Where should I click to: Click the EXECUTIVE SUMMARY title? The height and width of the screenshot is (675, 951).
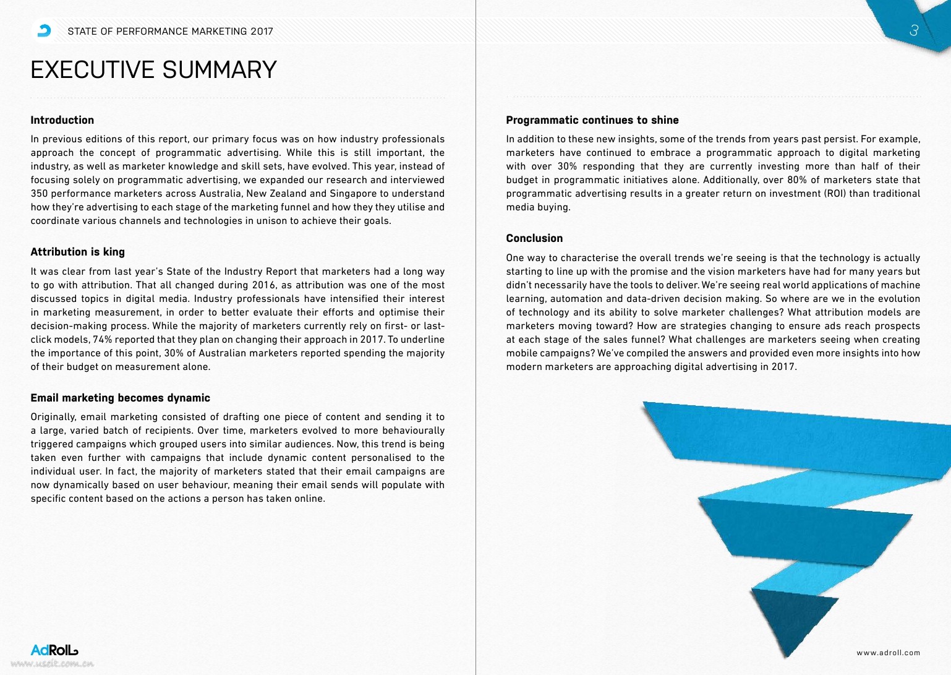pyautogui.click(x=153, y=70)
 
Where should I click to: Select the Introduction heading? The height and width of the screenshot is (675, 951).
pyautogui.click(x=62, y=120)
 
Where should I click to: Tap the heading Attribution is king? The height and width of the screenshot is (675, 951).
pyautogui.click(x=78, y=252)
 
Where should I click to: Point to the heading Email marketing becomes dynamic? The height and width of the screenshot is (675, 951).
pyautogui.click(x=121, y=398)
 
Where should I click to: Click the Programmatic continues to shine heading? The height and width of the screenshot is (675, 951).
pyautogui.click(x=592, y=120)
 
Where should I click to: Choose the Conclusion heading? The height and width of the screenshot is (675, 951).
pyautogui.click(x=534, y=238)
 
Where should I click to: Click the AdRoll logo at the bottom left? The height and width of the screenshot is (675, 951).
pyautogui.click(x=54, y=650)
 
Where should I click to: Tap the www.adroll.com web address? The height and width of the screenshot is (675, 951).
pyautogui.click(x=888, y=653)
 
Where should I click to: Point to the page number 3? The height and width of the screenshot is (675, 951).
pyautogui.click(x=913, y=30)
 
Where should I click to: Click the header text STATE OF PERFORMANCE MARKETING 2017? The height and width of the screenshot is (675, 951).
pyautogui.click(x=170, y=32)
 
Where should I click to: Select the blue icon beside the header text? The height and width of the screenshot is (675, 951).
pyautogui.click(x=45, y=31)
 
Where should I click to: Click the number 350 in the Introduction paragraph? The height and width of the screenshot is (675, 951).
pyautogui.click(x=40, y=194)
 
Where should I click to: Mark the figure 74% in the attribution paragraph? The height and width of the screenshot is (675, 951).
pyautogui.click(x=103, y=340)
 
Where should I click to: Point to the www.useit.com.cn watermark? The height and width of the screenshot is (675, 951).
pyautogui.click(x=53, y=664)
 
